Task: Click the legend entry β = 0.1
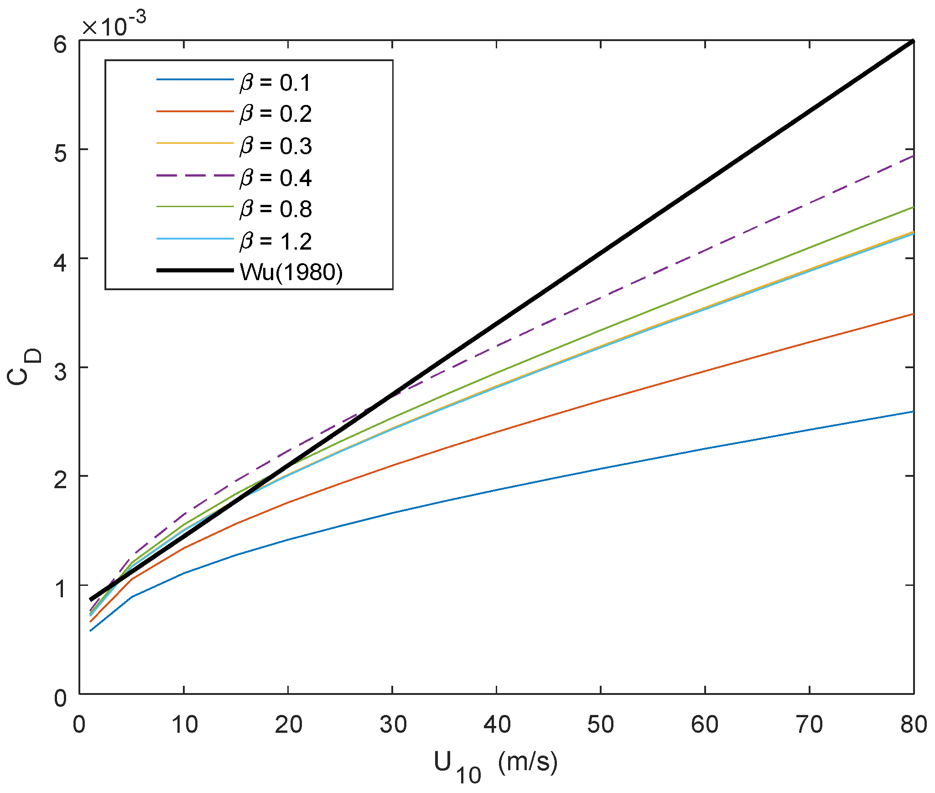tap(275, 83)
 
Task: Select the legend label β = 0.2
tap(275, 114)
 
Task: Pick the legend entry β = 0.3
tap(275, 146)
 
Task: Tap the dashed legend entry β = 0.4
tap(275, 177)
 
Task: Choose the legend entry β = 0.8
tap(275, 209)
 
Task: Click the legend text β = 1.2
tap(275, 241)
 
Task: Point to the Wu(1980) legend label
tap(291, 272)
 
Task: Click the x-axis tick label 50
tap(600, 725)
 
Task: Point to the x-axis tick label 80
tap(913, 725)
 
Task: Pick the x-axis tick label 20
tap(288, 725)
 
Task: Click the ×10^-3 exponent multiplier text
tap(114, 25)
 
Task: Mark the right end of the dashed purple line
tap(913, 156)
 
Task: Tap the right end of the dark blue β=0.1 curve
tap(913, 412)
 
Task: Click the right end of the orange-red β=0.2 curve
tap(913, 314)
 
